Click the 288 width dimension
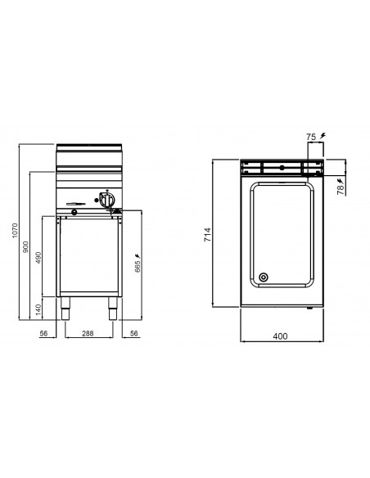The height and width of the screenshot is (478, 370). [x=89, y=333]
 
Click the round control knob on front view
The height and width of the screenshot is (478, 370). [x=106, y=197]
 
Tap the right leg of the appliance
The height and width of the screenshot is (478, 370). [x=110, y=312]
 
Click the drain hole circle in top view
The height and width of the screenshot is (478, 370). [x=263, y=276]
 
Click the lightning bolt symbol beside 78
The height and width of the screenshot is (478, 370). [x=339, y=175]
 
